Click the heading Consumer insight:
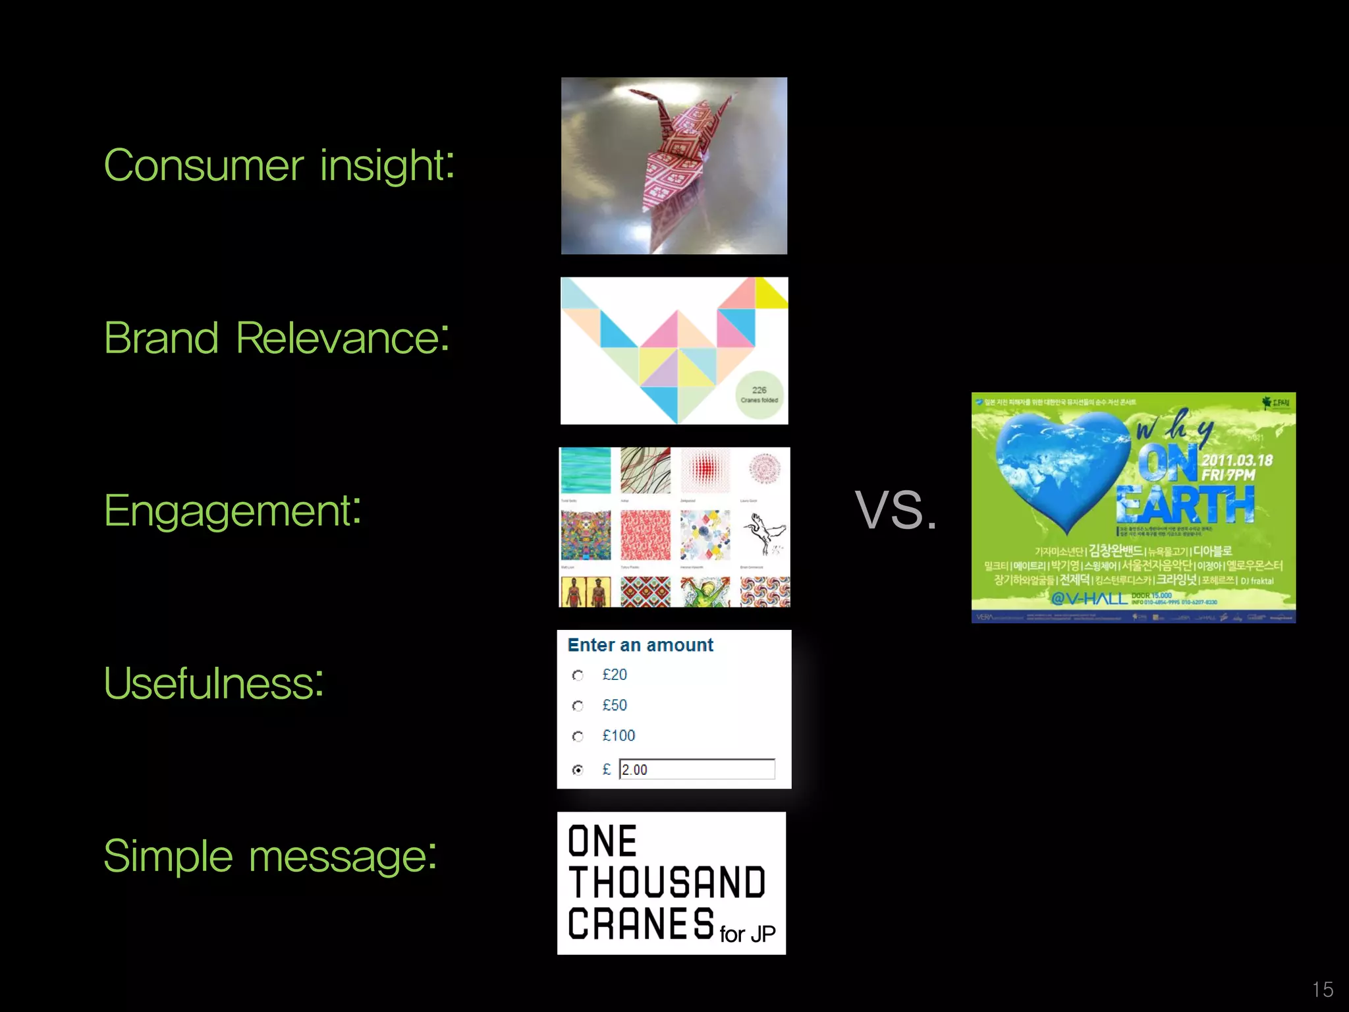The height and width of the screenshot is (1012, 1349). pos(279,165)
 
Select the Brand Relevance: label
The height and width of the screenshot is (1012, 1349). pos(277,338)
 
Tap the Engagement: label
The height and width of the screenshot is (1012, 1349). pos(233,511)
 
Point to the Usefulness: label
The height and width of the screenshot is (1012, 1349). pos(213,683)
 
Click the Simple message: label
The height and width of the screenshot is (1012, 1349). pos(270,856)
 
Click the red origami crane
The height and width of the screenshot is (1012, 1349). pos(678,165)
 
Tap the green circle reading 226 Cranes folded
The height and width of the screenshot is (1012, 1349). pos(759,395)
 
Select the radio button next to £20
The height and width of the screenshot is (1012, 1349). pos(578,675)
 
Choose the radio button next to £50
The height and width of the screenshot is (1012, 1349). pos(578,706)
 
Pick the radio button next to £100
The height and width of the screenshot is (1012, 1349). pos(578,736)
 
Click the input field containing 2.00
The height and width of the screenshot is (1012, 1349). pos(697,770)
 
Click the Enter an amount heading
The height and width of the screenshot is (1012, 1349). pos(640,645)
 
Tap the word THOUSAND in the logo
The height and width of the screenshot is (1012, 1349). pos(667,883)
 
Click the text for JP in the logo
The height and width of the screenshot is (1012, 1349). pos(748,934)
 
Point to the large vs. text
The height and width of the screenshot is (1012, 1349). pos(896,509)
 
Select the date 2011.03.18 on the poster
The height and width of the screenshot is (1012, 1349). pos(1236,461)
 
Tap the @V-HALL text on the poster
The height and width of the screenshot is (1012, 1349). pos(1089,598)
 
